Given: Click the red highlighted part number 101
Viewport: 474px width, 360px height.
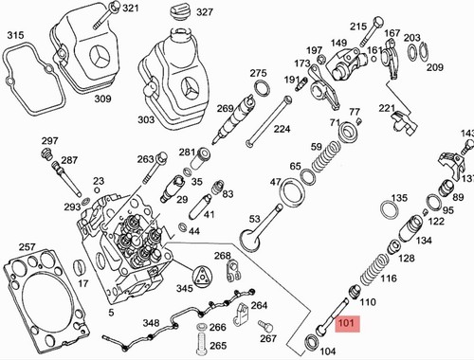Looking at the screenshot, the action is point(347,323).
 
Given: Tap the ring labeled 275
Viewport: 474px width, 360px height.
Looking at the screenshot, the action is point(262,88).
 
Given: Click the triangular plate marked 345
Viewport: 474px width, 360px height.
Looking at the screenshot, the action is point(201,277).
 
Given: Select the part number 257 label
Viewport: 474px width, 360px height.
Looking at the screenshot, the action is point(27,246).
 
